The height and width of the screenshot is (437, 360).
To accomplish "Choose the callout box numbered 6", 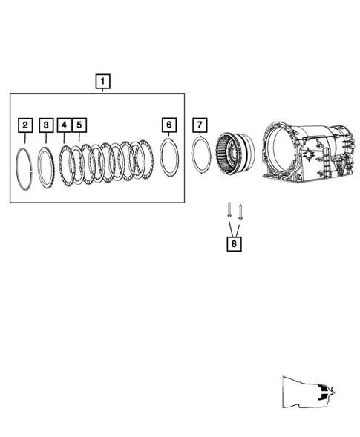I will coord(169,124).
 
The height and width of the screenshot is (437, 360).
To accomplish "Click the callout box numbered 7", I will coord(199,124).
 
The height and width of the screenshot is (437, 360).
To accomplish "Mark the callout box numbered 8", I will coord(235,242).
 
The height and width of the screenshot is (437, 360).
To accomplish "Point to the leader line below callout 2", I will coord(26,138).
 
